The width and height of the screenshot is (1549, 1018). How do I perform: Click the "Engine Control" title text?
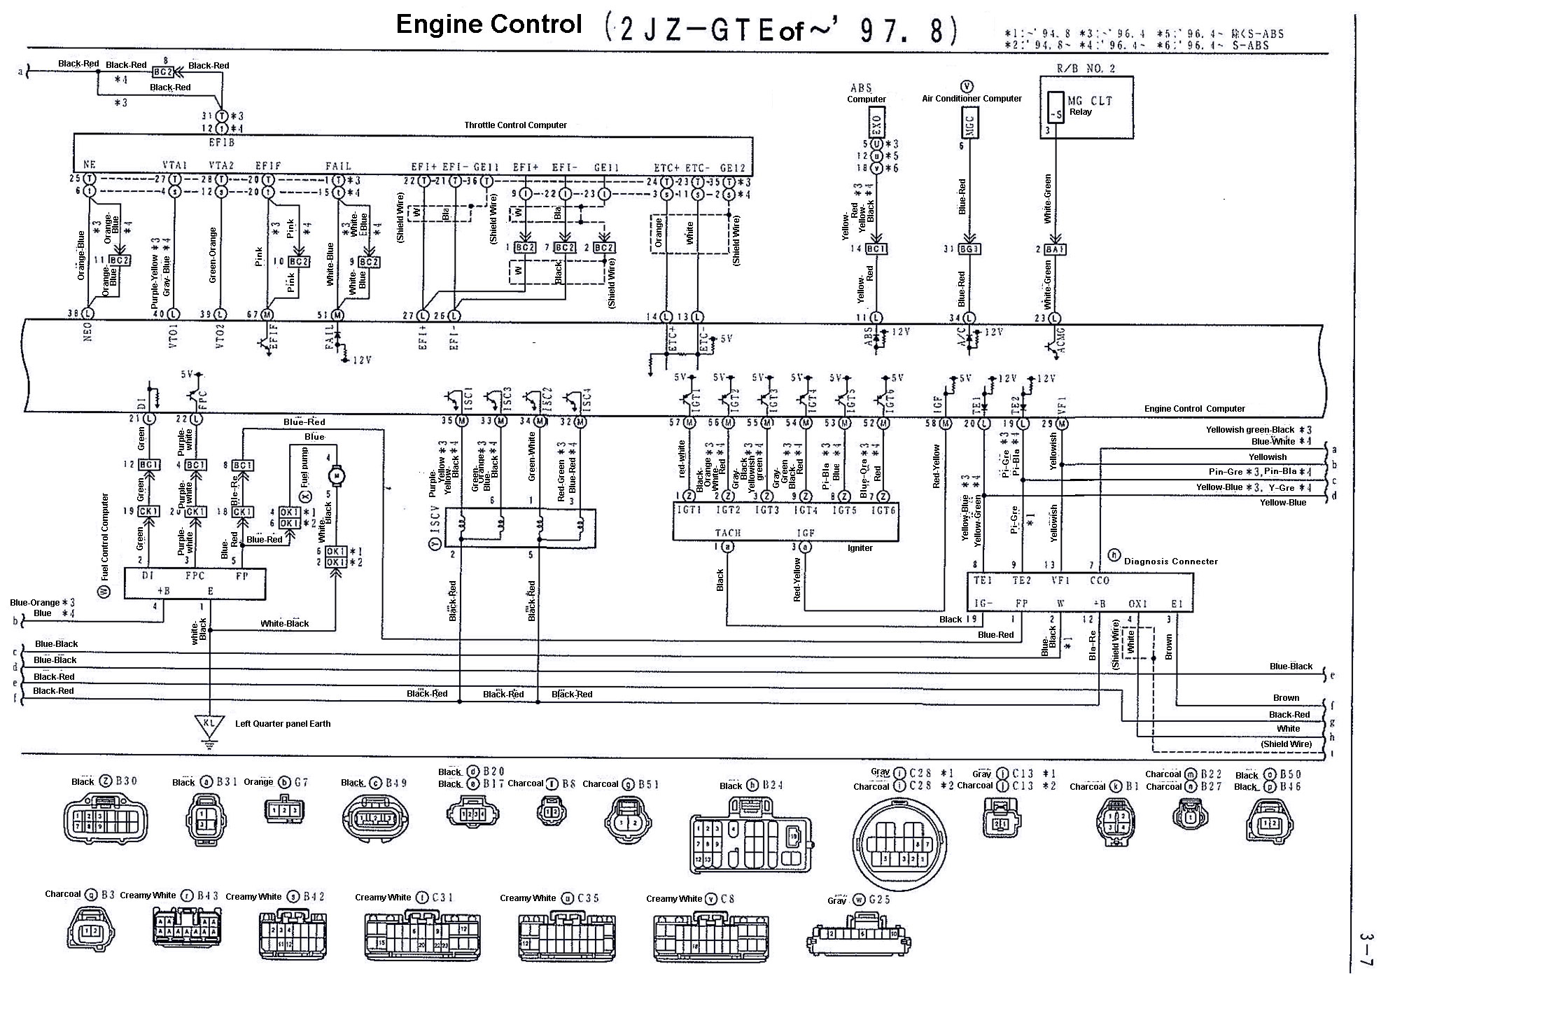click(489, 25)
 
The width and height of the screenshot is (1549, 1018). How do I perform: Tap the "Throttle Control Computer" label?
click(515, 125)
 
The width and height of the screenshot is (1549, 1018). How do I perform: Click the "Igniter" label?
click(860, 548)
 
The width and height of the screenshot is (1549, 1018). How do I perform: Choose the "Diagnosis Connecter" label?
click(1170, 562)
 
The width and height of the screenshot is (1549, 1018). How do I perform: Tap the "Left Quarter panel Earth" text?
click(283, 724)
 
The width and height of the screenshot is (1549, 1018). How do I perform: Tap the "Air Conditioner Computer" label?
click(972, 99)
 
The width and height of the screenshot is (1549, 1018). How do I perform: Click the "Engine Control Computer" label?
click(1194, 409)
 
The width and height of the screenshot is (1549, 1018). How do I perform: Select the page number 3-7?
click(1366, 949)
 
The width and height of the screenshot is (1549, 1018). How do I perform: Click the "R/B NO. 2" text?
click(1086, 69)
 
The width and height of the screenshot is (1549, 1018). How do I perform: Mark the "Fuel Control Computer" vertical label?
click(105, 538)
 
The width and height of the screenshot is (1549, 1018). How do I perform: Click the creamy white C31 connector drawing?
click(422, 935)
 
